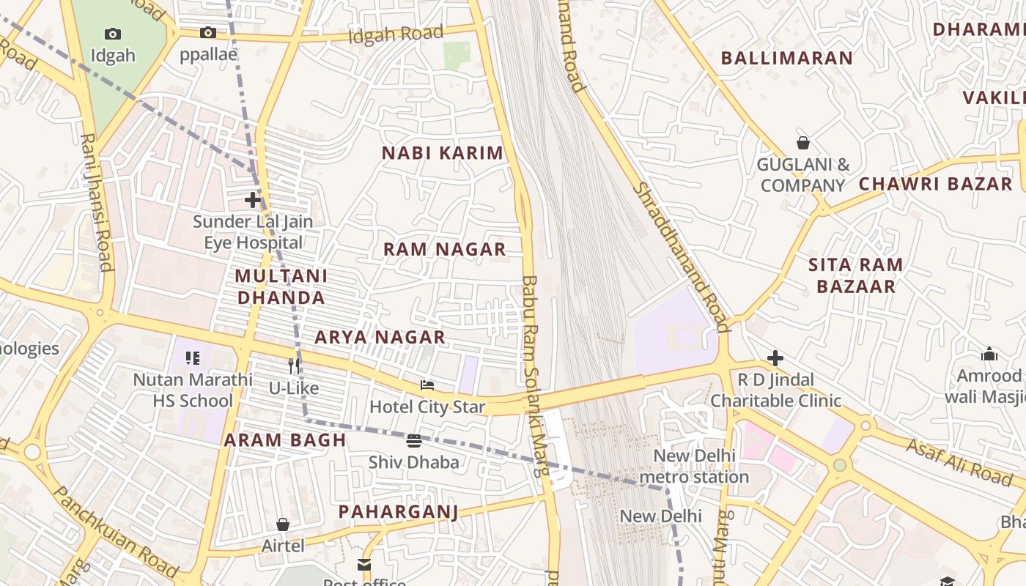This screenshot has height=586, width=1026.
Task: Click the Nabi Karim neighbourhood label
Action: [443, 153]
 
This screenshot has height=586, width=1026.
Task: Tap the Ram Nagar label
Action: [445, 249]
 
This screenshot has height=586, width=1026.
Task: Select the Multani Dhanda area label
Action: [281, 286]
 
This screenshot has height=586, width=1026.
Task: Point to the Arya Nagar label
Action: [380, 337]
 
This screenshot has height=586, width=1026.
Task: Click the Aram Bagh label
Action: [285, 440]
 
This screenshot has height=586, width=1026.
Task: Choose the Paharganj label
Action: [398, 511]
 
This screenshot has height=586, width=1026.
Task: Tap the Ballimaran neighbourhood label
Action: [787, 59]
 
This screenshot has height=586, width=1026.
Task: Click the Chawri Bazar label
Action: [935, 184]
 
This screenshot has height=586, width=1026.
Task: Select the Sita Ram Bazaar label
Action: [856, 275]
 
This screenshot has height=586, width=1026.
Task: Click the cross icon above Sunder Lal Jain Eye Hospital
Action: [253, 199]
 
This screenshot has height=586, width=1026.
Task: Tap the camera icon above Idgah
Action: [113, 34]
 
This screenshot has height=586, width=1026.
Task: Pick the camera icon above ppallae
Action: [208, 32]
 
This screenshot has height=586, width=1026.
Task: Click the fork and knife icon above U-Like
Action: [294, 366]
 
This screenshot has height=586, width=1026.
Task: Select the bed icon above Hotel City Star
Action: [427, 385]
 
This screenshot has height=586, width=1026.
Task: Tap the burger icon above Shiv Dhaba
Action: [414, 440]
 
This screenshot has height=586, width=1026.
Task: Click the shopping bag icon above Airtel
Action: [283, 524]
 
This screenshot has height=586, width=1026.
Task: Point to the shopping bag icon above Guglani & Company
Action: [803, 143]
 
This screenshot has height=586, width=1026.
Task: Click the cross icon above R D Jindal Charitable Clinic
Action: [775, 358]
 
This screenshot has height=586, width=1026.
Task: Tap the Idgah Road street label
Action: [396, 34]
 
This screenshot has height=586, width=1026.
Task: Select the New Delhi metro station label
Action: [694, 466]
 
